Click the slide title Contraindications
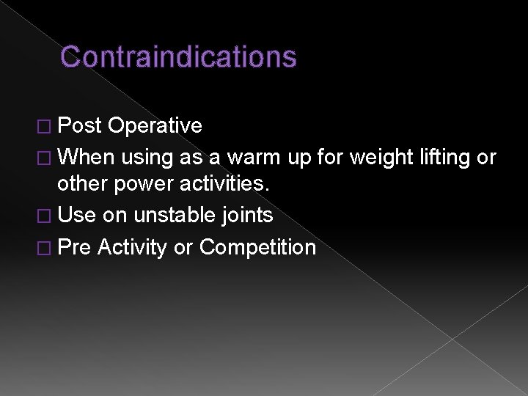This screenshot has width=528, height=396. pos(178,56)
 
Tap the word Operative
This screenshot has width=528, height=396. pos(155,126)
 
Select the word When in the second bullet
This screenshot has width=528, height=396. pos(87,157)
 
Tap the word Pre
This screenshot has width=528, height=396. pos(74,247)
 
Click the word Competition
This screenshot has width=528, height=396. pos(257,247)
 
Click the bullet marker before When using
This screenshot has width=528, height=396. pos(45,158)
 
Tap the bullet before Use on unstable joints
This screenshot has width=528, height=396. pos(45,216)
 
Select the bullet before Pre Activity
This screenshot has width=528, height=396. pos(45,248)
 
